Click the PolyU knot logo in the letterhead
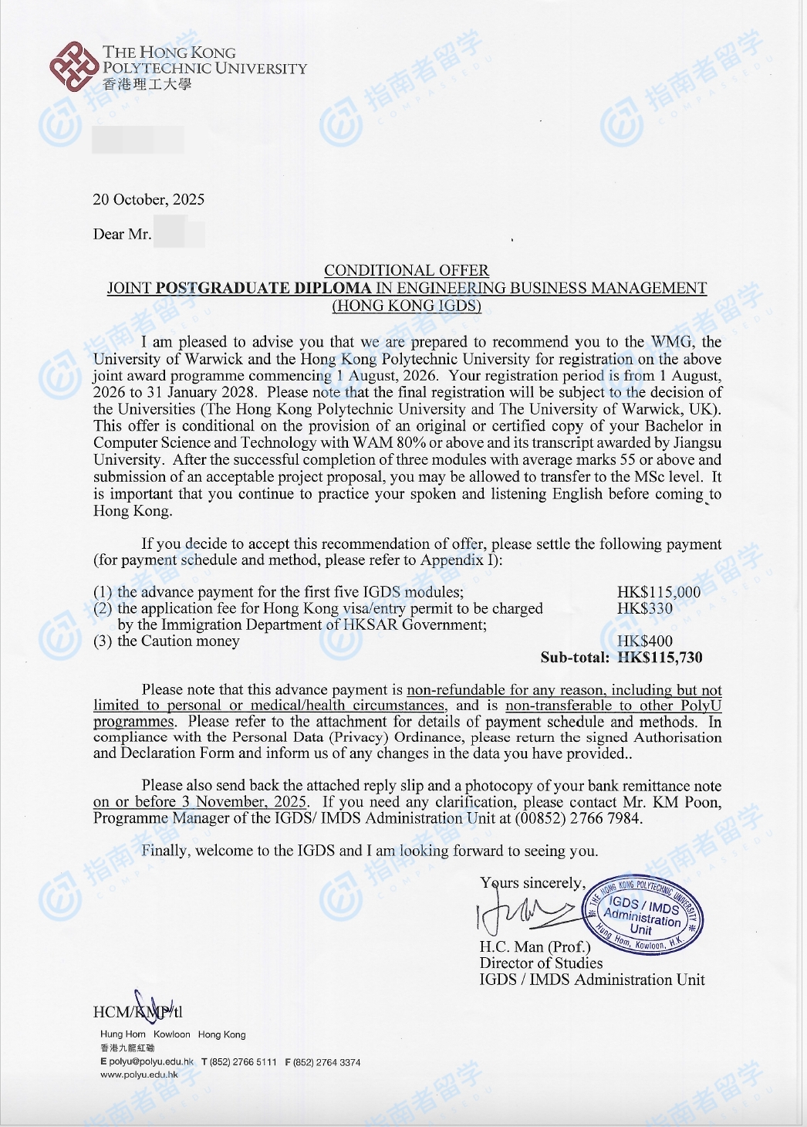point(74,67)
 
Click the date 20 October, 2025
point(149,200)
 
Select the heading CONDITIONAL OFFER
point(406,270)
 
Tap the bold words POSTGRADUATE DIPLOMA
point(263,288)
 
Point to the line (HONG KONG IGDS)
point(406,306)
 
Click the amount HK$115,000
point(658,592)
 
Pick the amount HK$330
point(644,608)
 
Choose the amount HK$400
point(644,641)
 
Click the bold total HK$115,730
point(660,658)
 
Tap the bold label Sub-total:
point(574,658)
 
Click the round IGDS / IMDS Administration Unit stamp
point(643,915)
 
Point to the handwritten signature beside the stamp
point(525,915)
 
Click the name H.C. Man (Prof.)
point(535,946)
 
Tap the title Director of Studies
point(541,963)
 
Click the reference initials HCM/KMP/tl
point(137,1011)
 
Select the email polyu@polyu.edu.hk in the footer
point(151,1062)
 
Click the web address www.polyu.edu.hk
point(139,1075)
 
